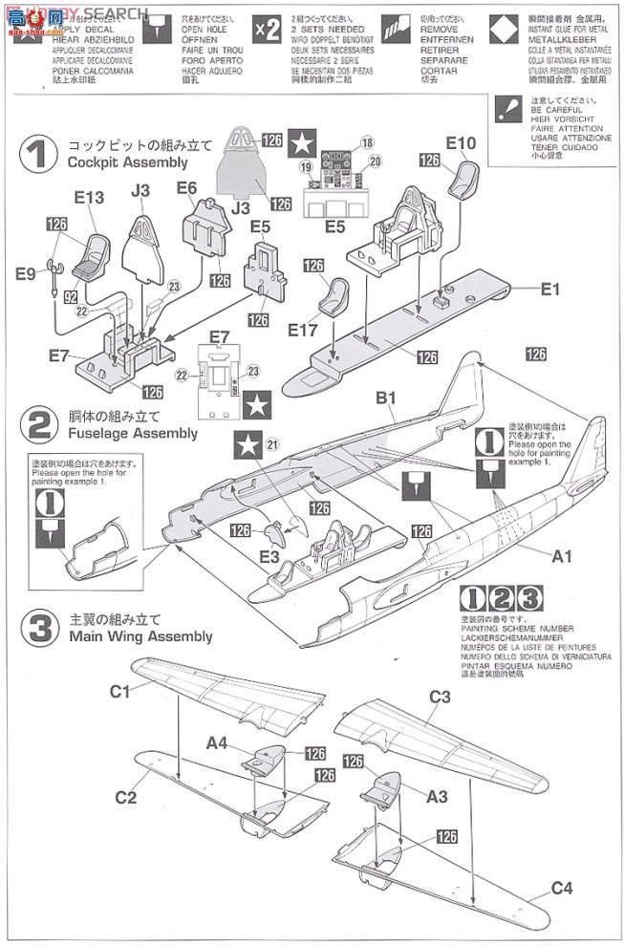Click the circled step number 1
(39, 154)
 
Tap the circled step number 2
(39, 424)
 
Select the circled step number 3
(39, 627)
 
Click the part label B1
(386, 396)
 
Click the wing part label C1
(119, 691)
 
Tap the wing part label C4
(561, 890)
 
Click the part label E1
(549, 289)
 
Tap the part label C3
(439, 696)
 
